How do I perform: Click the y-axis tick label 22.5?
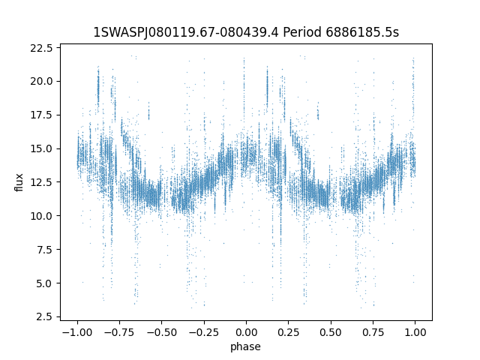pyautogui.click(x=41, y=48)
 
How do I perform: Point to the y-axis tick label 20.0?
pyautogui.click(x=41, y=82)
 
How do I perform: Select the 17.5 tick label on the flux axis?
pyautogui.click(x=41, y=115)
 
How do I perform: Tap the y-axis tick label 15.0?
pyautogui.click(x=41, y=148)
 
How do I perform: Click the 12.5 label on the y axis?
pyautogui.click(x=41, y=182)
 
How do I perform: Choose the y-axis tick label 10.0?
pyautogui.click(x=41, y=216)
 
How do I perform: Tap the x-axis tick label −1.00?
pyautogui.click(x=77, y=332)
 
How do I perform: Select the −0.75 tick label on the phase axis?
pyautogui.click(x=119, y=332)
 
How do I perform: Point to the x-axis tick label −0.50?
pyautogui.click(x=162, y=332)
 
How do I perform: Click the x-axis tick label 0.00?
pyautogui.click(x=246, y=332)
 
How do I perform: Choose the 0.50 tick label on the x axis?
pyautogui.click(x=331, y=332)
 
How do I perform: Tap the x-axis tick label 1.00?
pyautogui.click(x=415, y=332)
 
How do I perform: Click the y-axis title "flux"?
pyautogui.click(x=19, y=182)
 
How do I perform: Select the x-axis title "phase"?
pyautogui.click(x=246, y=346)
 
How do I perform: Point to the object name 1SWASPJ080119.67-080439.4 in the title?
pyautogui.click(x=186, y=32)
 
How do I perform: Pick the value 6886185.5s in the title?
pyautogui.click(x=362, y=32)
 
